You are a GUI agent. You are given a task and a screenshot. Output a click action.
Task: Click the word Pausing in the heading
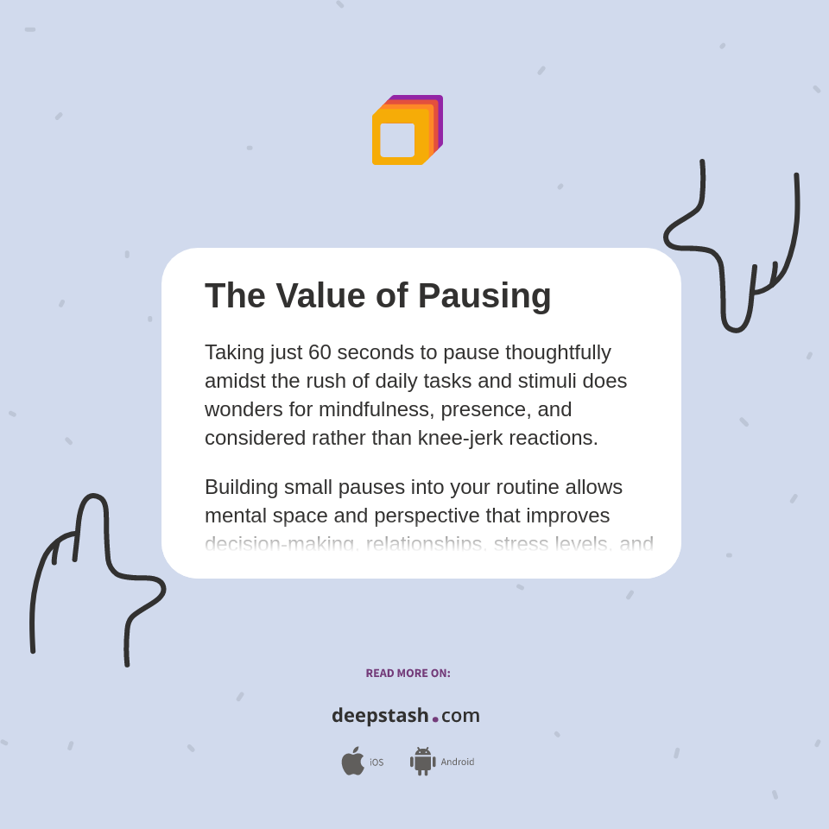point(484,296)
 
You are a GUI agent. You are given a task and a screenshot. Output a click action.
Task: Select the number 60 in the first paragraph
point(320,352)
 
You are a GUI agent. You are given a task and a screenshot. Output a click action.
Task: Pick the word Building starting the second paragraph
point(242,487)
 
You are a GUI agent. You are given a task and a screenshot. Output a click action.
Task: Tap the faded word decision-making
point(280,543)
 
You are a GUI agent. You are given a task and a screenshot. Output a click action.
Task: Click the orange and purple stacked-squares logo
point(407,130)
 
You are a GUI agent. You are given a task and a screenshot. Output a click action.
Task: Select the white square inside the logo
point(397,140)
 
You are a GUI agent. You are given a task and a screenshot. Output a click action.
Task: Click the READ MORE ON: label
point(408,674)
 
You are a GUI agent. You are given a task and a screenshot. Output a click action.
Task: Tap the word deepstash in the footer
point(380,716)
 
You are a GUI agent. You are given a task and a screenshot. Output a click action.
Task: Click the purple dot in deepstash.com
point(435,719)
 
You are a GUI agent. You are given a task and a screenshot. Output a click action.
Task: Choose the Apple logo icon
point(352,762)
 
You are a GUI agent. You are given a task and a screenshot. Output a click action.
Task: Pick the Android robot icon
point(422,762)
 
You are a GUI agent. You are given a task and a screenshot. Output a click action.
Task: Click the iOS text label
point(377,763)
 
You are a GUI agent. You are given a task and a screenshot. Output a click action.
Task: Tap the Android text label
point(458,763)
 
